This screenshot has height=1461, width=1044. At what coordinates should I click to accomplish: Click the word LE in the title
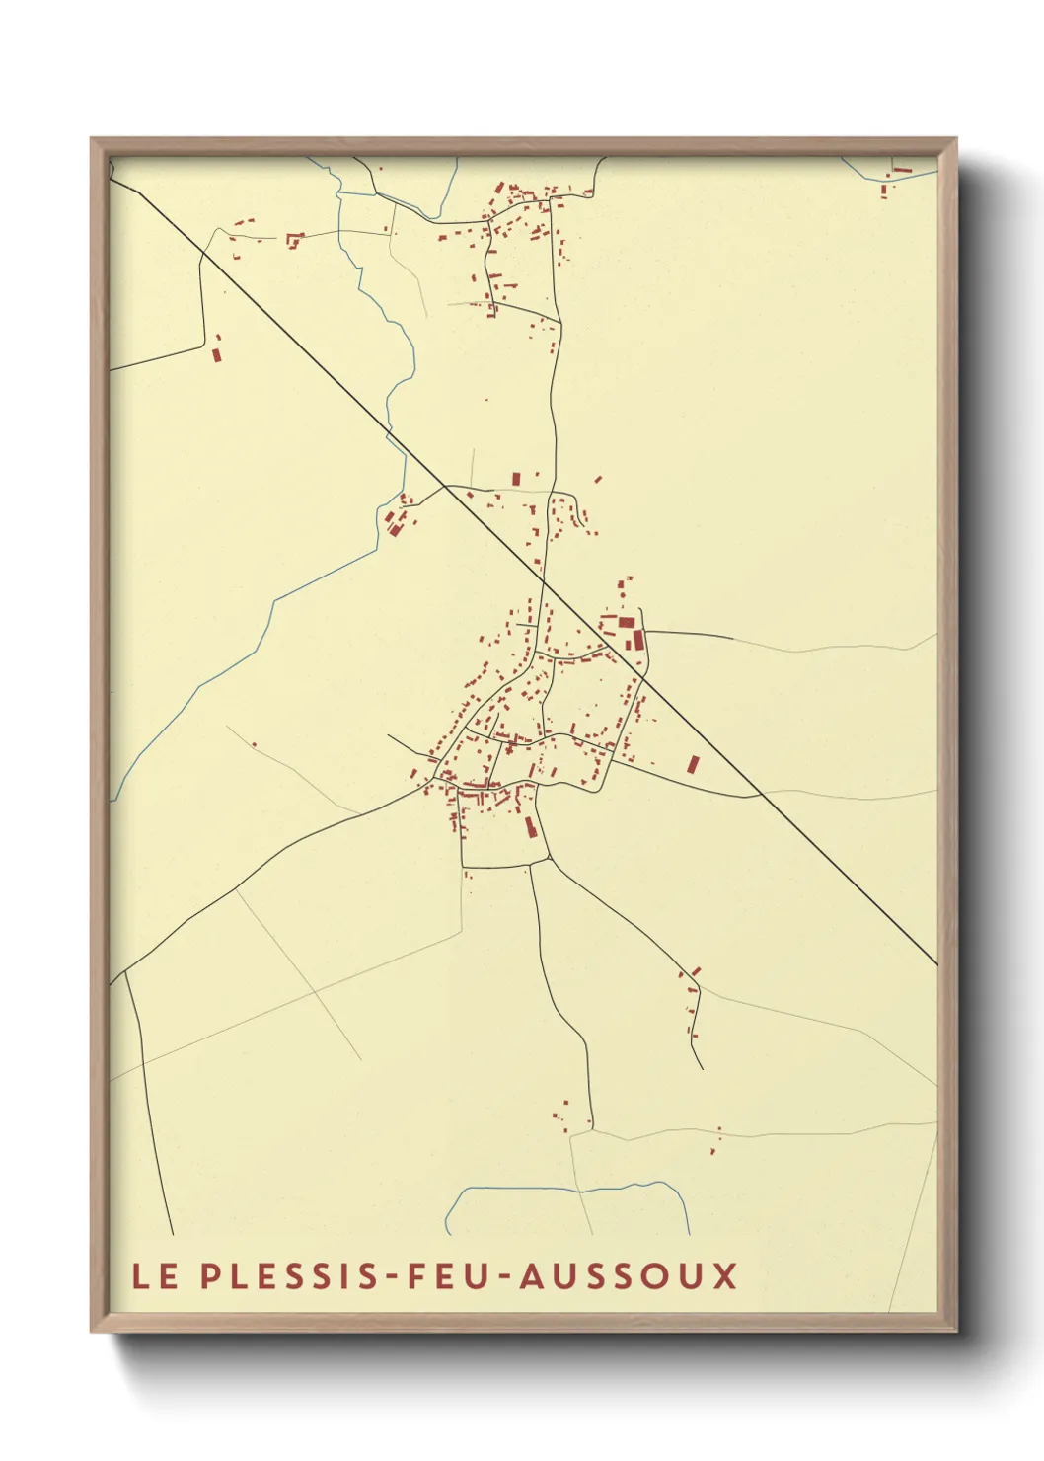[x=156, y=1275]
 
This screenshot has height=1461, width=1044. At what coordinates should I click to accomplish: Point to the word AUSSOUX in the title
[x=628, y=1275]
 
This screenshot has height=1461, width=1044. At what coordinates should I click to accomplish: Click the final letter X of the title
[x=725, y=1275]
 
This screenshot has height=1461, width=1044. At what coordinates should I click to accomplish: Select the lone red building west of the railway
[x=217, y=348]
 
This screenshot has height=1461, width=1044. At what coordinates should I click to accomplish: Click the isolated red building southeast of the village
[x=693, y=764]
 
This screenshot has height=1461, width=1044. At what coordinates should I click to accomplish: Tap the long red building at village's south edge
[x=529, y=825]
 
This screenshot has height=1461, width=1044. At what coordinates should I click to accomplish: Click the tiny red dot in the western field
[x=254, y=744]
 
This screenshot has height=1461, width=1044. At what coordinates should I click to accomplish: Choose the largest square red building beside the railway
[x=627, y=622]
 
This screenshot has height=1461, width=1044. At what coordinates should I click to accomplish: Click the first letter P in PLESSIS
[x=209, y=1275]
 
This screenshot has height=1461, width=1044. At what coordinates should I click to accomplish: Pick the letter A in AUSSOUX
[x=531, y=1275]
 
